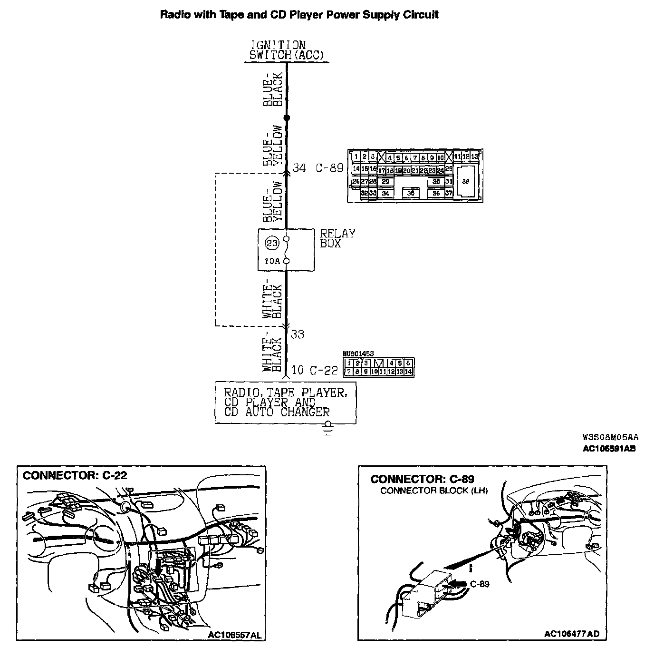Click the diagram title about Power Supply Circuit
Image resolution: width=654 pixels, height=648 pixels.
pos(299,14)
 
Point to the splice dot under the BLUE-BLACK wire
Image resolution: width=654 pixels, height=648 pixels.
pos(286,118)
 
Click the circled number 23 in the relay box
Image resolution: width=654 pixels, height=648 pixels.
pos(271,243)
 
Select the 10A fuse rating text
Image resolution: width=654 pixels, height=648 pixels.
pos(272,261)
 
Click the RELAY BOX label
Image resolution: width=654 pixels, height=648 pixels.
pos(337,238)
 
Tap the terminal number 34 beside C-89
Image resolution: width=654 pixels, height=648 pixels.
pos(299,168)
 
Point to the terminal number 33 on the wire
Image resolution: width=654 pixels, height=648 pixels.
pos(298,334)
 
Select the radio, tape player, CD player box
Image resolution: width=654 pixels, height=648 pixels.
pos(285,403)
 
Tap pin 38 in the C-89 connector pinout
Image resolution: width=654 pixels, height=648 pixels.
pos(465,181)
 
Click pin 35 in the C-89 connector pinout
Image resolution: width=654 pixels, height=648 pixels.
pos(411,193)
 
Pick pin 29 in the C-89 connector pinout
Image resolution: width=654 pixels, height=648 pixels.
pos(385,182)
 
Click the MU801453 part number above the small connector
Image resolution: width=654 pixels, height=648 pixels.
pos(358,354)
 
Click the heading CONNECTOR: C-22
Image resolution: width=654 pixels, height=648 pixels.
pos(75,475)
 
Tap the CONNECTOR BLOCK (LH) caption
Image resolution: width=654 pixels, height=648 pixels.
pos(434,491)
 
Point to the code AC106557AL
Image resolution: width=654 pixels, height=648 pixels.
pos(234,635)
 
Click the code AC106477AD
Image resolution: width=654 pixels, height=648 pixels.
pos(572,634)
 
